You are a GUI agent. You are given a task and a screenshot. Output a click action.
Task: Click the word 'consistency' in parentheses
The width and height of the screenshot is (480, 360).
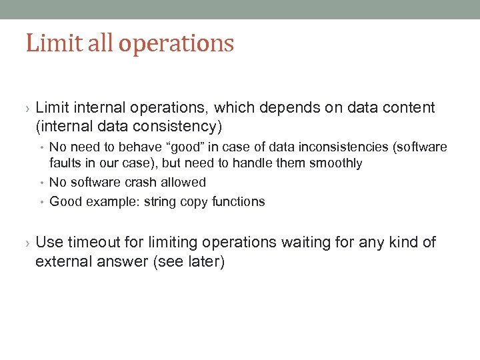180,125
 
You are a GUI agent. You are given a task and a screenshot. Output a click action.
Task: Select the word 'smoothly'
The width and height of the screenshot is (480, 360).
337,163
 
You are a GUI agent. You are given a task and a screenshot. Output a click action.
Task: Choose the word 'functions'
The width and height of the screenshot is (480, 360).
238,201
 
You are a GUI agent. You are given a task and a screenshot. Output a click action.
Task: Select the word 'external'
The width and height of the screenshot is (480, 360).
61,261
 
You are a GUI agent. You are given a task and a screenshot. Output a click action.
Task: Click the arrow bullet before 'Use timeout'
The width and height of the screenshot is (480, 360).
27,243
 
